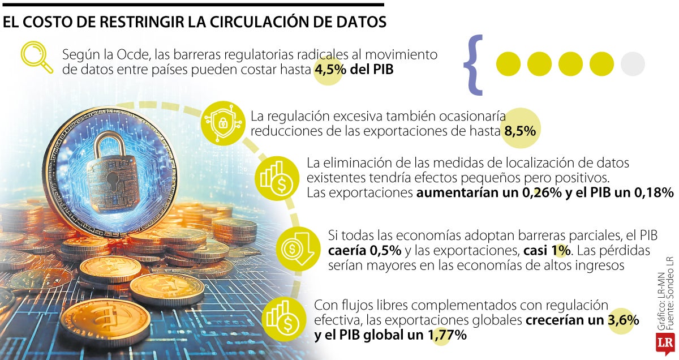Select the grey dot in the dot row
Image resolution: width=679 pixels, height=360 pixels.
tap(633, 64)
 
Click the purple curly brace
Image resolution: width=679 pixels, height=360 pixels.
tap(473, 64)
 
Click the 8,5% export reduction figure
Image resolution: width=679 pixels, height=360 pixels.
tap(519, 131)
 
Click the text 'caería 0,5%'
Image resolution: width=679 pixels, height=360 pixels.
tap(365, 250)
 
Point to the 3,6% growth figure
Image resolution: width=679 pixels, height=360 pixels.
tap(623, 320)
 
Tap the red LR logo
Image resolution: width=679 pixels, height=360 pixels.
tap(665, 343)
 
